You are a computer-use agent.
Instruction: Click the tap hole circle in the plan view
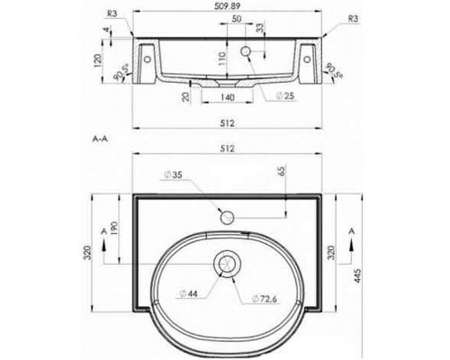[227, 216]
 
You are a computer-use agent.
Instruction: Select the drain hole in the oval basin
[225, 263]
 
